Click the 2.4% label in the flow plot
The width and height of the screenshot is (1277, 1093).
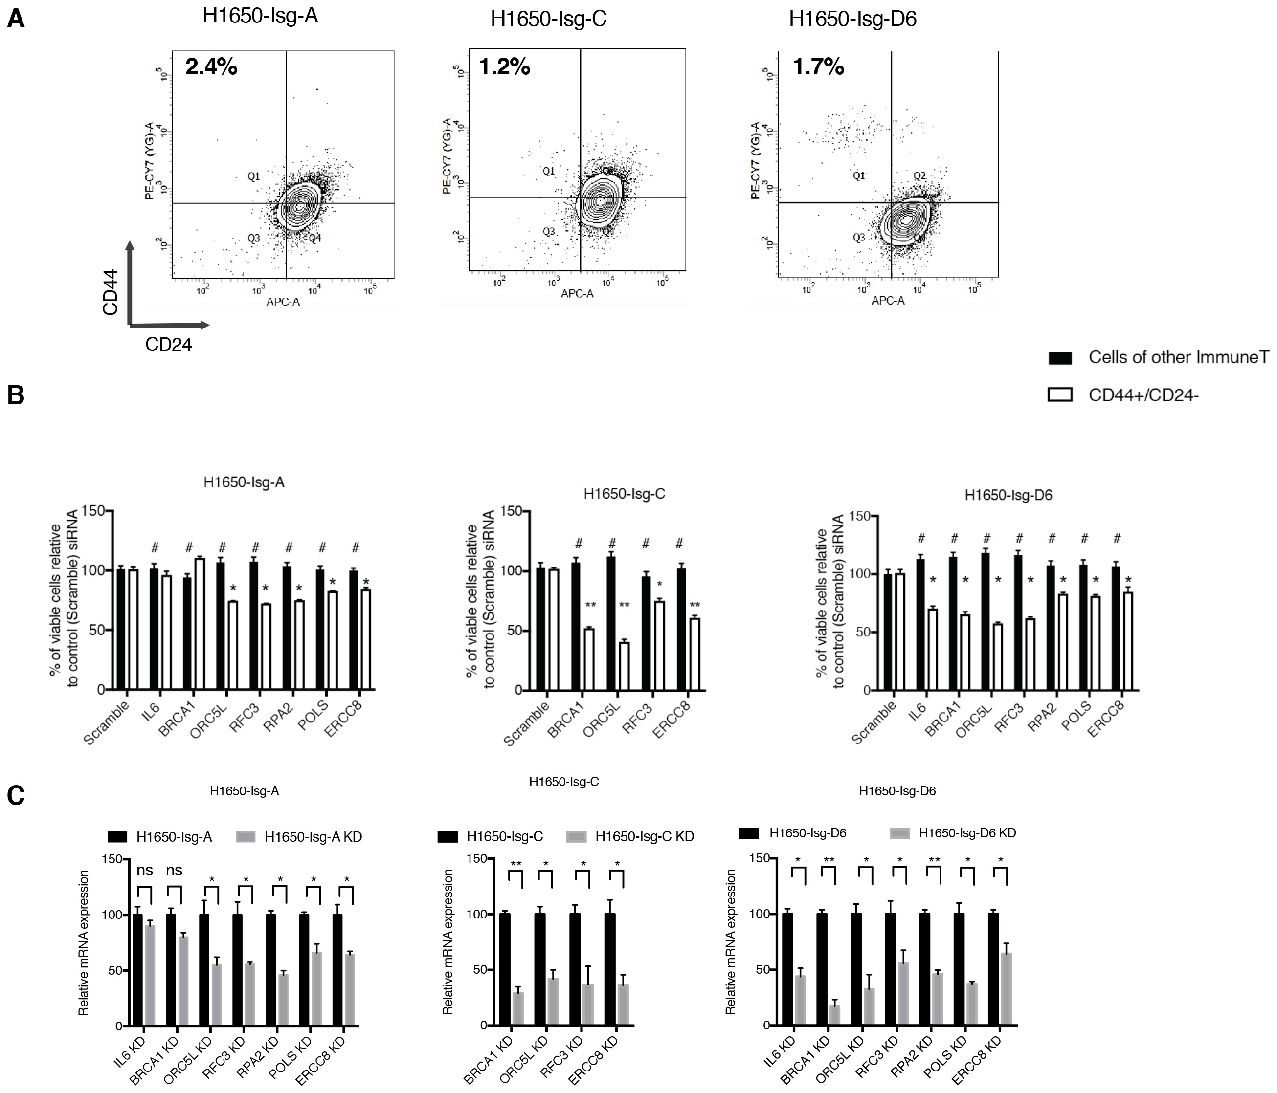pyautogui.click(x=211, y=66)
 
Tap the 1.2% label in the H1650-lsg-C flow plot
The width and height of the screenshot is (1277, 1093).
pyautogui.click(x=504, y=66)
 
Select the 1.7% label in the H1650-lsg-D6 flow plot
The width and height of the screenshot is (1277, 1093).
pyautogui.click(x=818, y=66)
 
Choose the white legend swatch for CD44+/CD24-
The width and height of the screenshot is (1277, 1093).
pyautogui.click(x=1060, y=395)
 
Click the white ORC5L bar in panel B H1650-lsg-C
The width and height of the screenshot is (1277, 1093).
pyautogui.click(x=625, y=665)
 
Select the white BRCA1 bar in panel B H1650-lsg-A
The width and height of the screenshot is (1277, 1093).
pyautogui.click(x=199, y=624)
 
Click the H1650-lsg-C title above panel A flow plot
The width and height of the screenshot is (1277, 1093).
pyautogui.click(x=549, y=19)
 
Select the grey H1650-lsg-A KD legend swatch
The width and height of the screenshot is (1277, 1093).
pyautogui.click(x=246, y=837)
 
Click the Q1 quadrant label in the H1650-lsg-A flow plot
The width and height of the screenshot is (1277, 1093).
pyautogui.click(x=253, y=176)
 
